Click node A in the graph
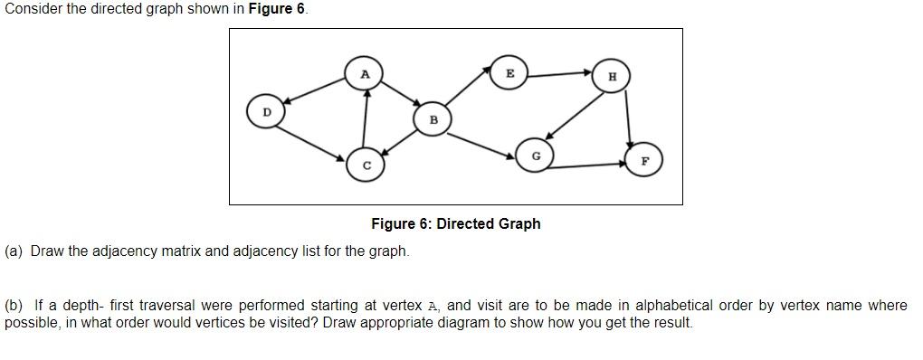(365, 74)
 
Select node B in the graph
(433, 119)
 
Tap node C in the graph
(366, 166)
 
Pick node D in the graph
(266, 113)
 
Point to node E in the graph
(509, 74)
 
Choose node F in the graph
(644, 161)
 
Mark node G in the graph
(536, 156)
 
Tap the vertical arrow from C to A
(366, 119)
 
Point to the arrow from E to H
(561, 74)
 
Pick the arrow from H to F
(628, 118)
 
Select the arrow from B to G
(483, 145)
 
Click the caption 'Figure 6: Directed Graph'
(455, 223)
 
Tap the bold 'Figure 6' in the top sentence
(276, 9)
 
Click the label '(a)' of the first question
(14, 251)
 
